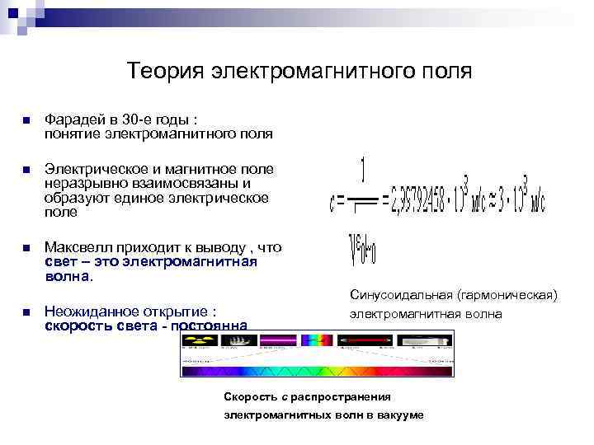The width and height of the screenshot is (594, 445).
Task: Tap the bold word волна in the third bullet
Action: (x=68, y=276)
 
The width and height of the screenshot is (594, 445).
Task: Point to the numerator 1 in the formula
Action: (x=364, y=170)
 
